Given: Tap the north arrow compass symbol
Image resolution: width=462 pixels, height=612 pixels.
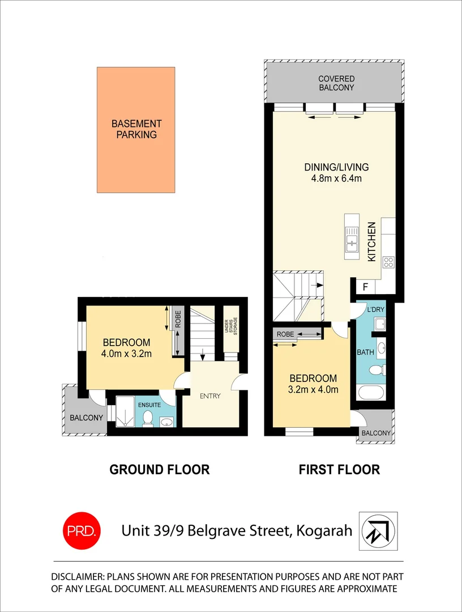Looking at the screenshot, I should [378, 531].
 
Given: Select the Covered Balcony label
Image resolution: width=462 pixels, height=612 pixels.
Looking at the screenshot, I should [336, 83].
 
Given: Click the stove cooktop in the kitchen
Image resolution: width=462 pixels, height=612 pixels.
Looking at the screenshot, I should [388, 262].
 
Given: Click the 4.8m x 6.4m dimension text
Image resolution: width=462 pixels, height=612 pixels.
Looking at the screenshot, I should [336, 178].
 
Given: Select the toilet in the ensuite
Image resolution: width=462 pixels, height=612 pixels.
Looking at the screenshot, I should [148, 418].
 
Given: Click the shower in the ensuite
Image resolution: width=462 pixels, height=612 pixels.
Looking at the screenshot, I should [123, 411].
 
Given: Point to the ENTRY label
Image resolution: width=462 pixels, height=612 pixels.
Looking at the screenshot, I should [209, 396].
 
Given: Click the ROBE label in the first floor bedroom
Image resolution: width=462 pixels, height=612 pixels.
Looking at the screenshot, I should [286, 334].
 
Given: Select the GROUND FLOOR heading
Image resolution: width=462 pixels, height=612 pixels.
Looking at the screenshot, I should [159, 470].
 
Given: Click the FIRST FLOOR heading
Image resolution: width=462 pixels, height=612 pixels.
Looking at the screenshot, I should [339, 470].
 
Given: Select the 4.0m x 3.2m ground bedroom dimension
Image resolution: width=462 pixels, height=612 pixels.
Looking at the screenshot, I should [126, 354].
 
